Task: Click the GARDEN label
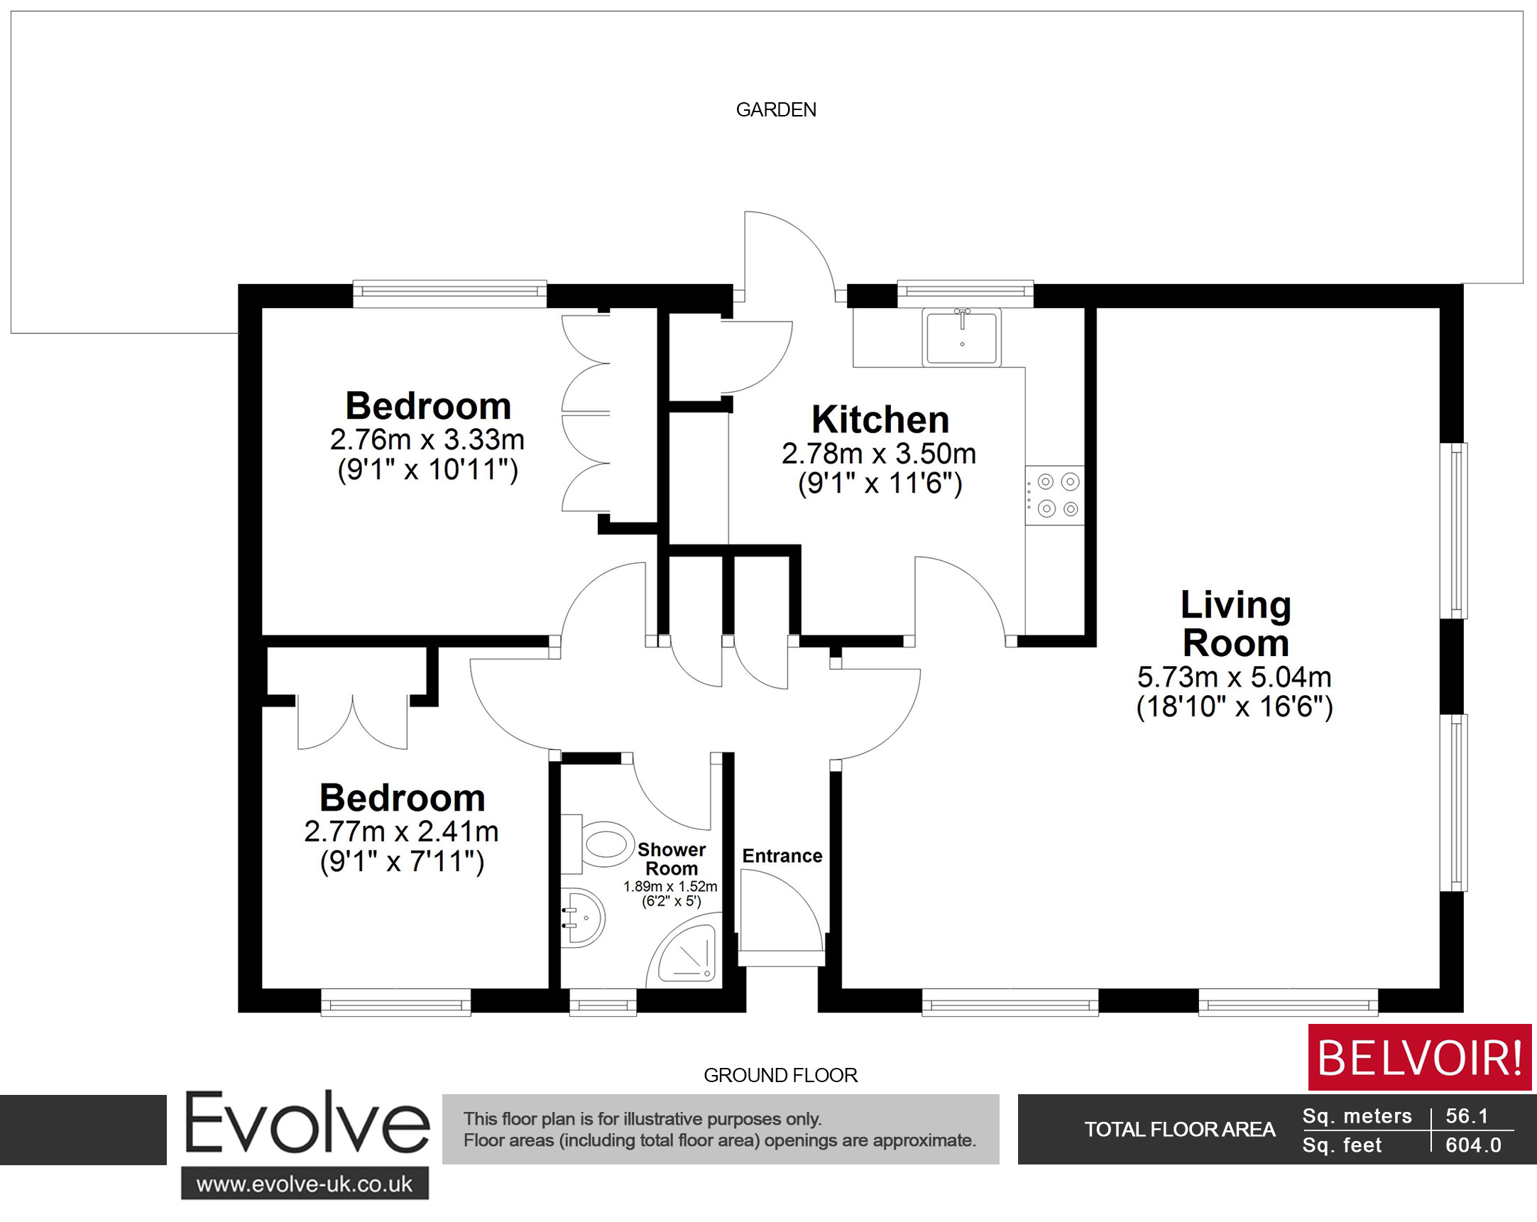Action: coord(776,110)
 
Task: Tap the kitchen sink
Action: coord(962,337)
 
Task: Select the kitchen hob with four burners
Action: coord(1056,496)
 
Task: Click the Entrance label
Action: coord(782,856)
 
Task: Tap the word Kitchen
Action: coord(880,419)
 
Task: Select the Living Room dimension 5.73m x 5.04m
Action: coord(1234,677)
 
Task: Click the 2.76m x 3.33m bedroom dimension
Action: coord(427,440)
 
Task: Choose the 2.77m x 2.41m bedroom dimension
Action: coord(401,831)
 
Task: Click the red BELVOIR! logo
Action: coord(1419,1057)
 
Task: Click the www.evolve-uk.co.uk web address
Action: coord(305,1184)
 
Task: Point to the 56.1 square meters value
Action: coord(1467,1116)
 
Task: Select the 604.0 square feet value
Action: coord(1473,1146)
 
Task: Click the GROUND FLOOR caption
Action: coord(780,1075)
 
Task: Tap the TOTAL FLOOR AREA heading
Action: coord(1179,1130)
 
